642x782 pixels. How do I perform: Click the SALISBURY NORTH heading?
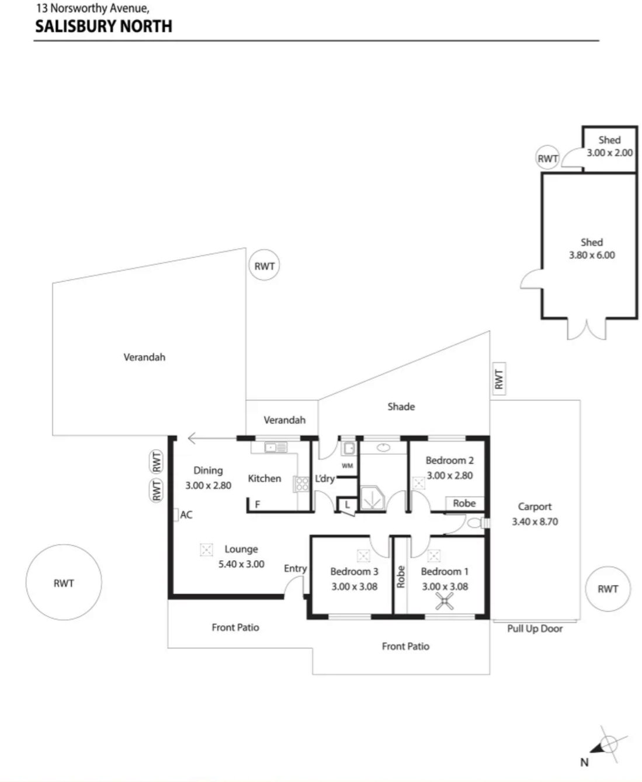coord(103,26)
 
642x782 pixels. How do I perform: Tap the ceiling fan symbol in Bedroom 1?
coord(444,601)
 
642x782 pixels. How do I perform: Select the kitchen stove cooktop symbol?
coord(302,484)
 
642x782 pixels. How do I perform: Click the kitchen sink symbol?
coord(276,447)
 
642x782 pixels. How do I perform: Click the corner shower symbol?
coord(372,498)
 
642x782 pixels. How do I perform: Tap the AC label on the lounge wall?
coord(186,515)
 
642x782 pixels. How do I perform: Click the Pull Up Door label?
coord(535,628)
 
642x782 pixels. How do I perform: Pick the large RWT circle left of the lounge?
coord(64,582)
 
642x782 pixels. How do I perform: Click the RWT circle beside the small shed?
coord(547,158)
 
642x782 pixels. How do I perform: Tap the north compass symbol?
coord(605,748)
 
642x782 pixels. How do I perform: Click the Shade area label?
coord(401,406)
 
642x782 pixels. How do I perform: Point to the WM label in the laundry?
coord(347,465)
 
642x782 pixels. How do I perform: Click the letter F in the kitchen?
coord(258,504)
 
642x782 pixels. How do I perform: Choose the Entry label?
coord(295,569)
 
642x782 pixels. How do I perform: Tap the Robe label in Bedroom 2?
coord(464,503)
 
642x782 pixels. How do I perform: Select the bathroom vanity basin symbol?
coord(383,447)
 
